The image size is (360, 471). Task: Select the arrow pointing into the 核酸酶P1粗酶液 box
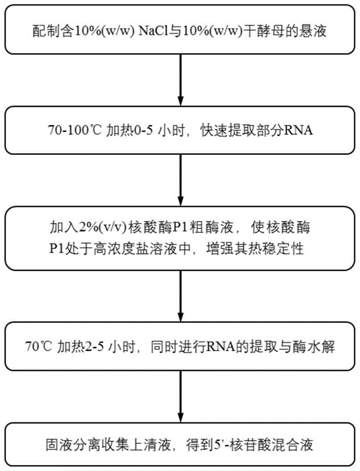pos(180,177)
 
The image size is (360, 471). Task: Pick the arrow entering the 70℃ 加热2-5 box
pos(180,297)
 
